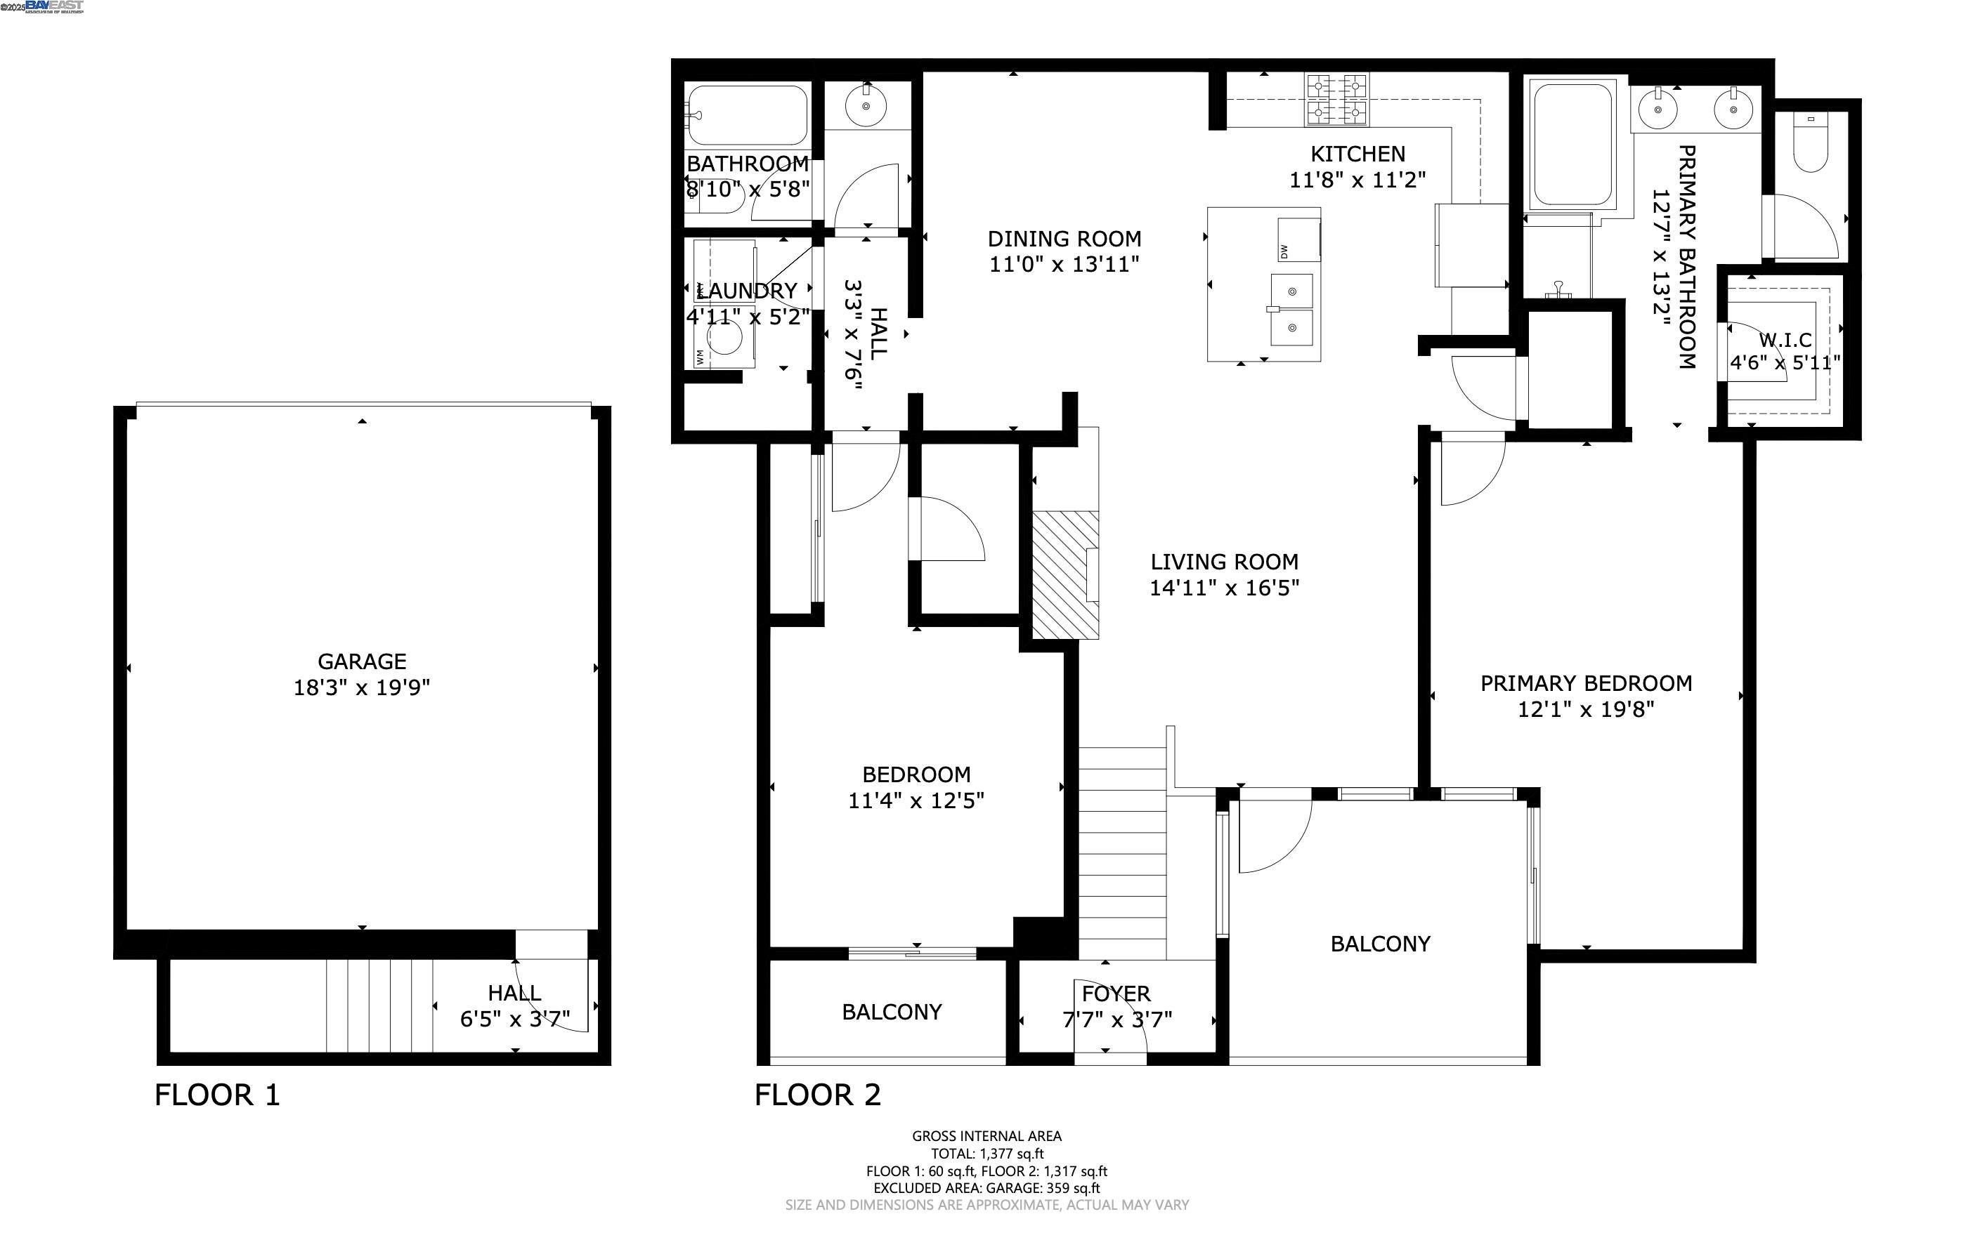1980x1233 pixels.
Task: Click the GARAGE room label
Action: pyautogui.click(x=361, y=661)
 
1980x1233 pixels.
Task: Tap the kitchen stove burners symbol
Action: pyautogui.click(x=1336, y=100)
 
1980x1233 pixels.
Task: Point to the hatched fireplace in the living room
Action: pyautogui.click(x=1065, y=575)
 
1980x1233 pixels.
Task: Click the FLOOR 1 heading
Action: pyautogui.click(x=217, y=1095)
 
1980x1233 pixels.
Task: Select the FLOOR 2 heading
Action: pyautogui.click(x=817, y=1095)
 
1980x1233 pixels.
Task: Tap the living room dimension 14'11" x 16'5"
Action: pyautogui.click(x=1224, y=588)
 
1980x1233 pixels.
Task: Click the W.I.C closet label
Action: pyautogui.click(x=1785, y=339)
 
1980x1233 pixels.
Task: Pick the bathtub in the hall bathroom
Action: pyautogui.click(x=748, y=115)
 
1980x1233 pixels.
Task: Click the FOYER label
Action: pyautogui.click(x=1116, y=994)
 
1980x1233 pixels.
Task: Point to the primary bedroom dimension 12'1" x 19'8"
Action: pyautogui.click(x=1585, y=709)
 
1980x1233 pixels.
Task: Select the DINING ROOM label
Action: pyautogui.click(x=1064, y=239)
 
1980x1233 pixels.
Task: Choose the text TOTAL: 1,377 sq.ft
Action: pyautogui.click(x=987, y=1154)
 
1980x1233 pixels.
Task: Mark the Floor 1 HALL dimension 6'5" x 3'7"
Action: pyautogui.click(x=515, y=1020)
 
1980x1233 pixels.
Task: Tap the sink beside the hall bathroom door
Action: pyautogui.click(x=866, y=105)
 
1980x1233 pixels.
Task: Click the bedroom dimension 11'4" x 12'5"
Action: pyautogui.click(x=916, y=800)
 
